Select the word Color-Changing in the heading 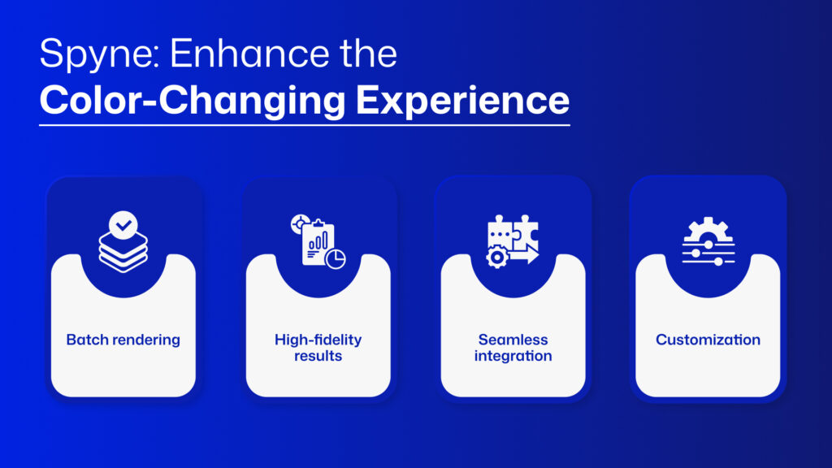pyautogui.click(x=193, y=101)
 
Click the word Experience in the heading pyautogui.click(x=462, y=101)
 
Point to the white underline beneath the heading pyautogui.click(x=305, y=125)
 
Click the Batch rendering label pyautogui.click(x=123, y=340)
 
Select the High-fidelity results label pyautogui.click(x=318, y=348)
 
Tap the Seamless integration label pyautogui.click(x=513, y=348)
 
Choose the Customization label pyautogui.click(x=708, y=340)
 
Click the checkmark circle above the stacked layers pyautogui.click(x=123, y=225)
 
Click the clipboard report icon pyautogui.click(x=318, y=243)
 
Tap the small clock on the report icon pyautogui.click(x=336, y=259)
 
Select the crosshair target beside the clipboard pyautogui.click(x=301, y=224)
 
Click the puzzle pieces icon pyautogui.click(x=513, y=232)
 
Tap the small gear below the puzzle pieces pyautogui.click(x=497, y=258)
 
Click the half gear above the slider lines pyautogui.click(x=708, y=229)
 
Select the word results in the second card pyautogui.click(x=318, y=356)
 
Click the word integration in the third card pyautogui.click(x=513, y=356)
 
